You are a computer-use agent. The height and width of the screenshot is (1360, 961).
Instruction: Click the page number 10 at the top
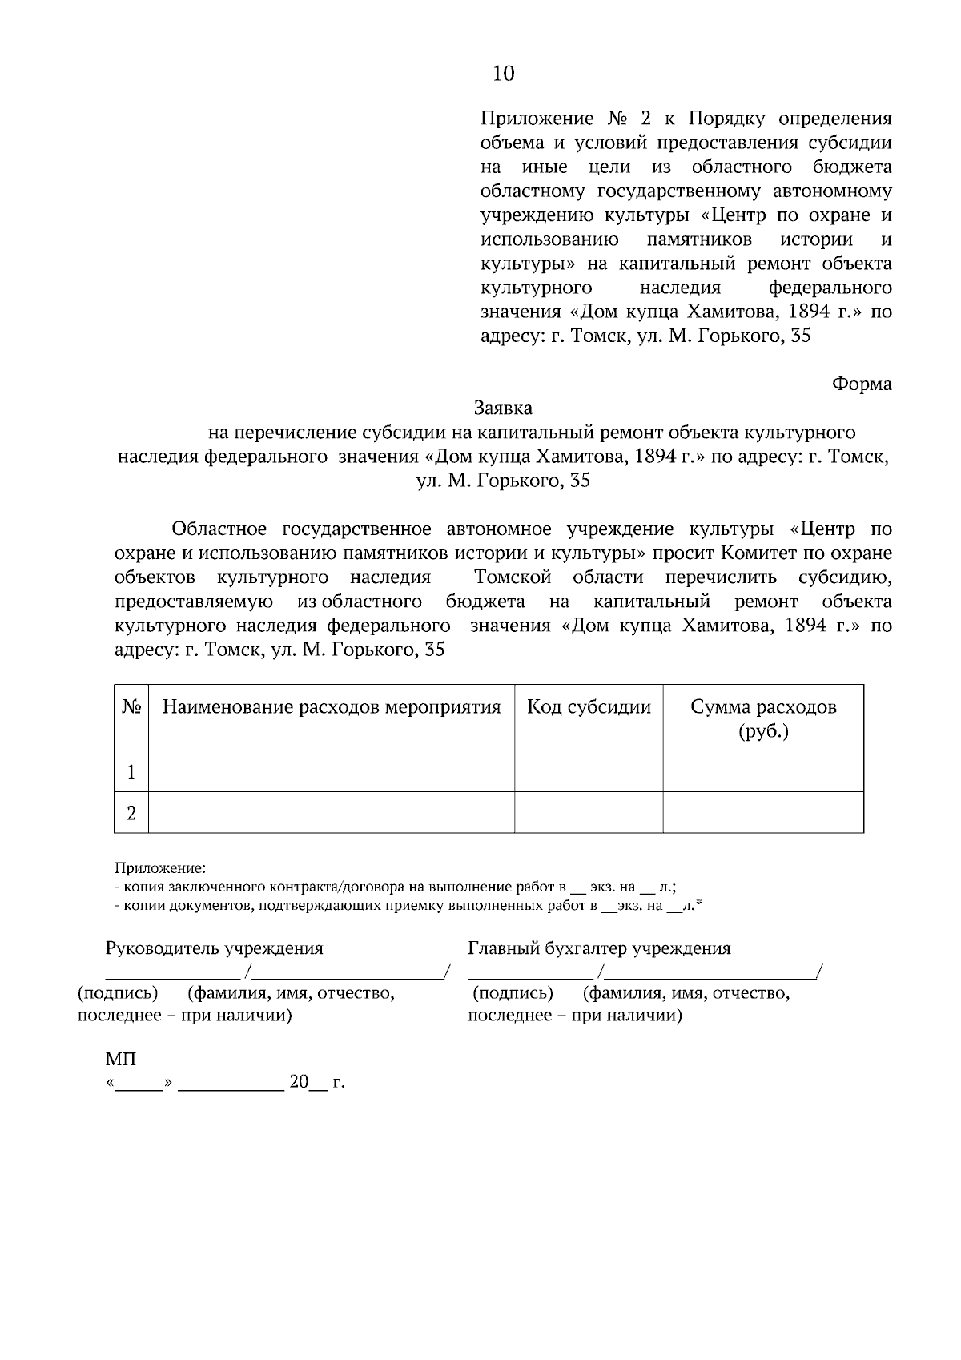[503, 74]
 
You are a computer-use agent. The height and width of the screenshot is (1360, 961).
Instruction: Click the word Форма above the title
[862, 384]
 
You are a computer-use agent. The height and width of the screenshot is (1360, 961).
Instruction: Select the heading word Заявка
[503, 408]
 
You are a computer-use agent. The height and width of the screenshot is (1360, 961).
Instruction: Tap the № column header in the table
[131, 707]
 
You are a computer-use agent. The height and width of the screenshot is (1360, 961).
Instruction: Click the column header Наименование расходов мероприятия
[332, 707]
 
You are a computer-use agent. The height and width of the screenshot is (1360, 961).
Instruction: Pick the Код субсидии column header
[589, 707]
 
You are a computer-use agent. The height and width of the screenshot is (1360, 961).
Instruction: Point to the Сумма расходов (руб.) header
[763, 718]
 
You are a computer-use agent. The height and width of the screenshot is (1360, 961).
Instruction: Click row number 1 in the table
[131, 772]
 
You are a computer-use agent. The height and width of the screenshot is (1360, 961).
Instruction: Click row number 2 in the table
[131, 813]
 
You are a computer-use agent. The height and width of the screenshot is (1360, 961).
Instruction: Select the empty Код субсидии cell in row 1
[589, 771]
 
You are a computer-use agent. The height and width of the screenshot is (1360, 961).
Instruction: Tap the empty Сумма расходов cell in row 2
[763, 813]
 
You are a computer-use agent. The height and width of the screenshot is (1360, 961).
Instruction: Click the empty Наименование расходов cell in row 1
[332, 771]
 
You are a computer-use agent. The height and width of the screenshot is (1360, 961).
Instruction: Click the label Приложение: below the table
[160, 867]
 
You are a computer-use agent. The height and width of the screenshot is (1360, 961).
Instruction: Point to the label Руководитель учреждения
[215, 948]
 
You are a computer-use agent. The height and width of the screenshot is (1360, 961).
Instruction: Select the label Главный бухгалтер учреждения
[599, 948]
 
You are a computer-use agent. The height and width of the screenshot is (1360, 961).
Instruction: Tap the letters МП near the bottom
[120, 1060]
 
